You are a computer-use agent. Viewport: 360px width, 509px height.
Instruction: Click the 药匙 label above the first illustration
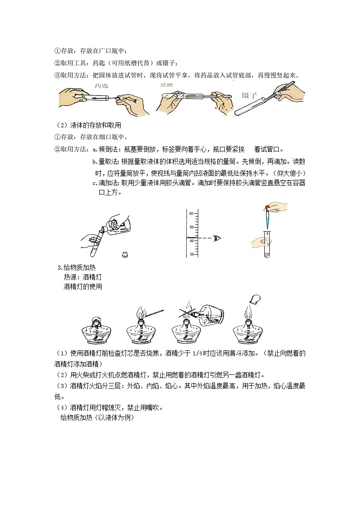click(x=101, y=86)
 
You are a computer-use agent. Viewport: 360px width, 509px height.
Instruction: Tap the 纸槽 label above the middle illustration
click(x=166, y=85)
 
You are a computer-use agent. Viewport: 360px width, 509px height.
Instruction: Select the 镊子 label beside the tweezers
click(x=250, y=95)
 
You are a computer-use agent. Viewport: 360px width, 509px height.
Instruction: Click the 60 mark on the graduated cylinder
click(x=191, y=213)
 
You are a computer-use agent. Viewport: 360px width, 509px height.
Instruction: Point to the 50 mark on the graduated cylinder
click(x=191, y=227)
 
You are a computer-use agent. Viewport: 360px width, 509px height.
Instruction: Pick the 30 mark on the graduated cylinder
click(x=191, y=254)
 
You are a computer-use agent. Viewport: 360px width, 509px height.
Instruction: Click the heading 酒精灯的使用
click(x=83, y=286)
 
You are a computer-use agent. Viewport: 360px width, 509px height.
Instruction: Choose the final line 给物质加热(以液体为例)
click(x=97, y=418)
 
